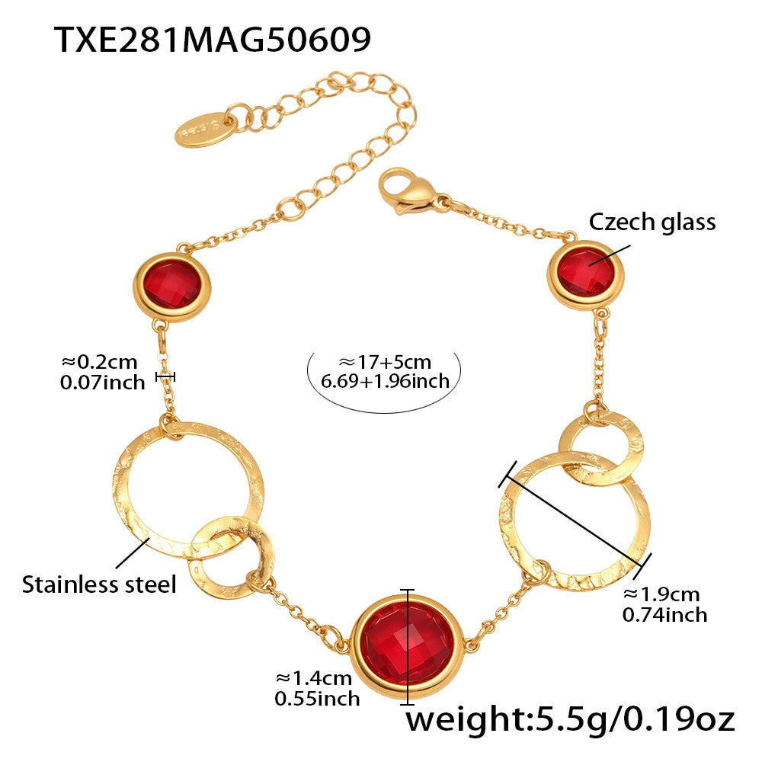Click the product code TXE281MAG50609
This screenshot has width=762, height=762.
[x=213, y=40]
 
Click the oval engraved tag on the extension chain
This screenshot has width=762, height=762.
[x=204, y=130]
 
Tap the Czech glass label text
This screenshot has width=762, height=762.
[x=652, y=222]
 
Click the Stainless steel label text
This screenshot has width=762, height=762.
[x=99, y=584]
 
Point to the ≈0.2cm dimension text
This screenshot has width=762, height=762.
[x=100, y=362]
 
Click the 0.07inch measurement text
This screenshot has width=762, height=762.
[x=103, y=383]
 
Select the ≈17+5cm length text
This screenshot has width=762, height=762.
[x=385, y=362]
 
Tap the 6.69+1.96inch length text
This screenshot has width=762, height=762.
[x=385, y=381]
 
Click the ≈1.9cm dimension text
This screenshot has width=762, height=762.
[x=661, y=594]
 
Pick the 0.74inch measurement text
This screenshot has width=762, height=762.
[x=664, y=615]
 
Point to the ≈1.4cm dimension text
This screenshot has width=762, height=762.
[x=313, y=678]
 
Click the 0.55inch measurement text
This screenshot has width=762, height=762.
[x=317, y=699]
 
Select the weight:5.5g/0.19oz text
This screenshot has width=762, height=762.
[x=570, y=720]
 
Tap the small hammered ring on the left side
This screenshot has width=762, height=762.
[x=231, y=557]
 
